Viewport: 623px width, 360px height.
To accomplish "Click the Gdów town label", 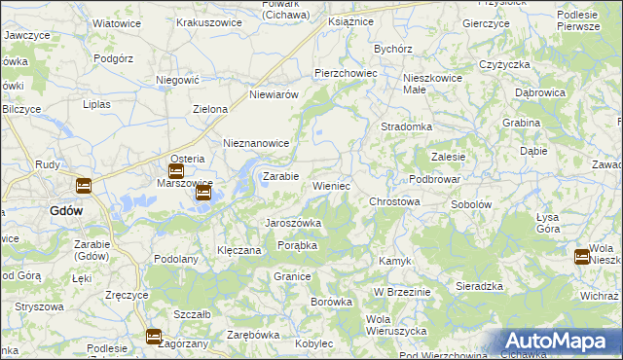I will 66,209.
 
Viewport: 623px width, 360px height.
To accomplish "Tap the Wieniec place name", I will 331,185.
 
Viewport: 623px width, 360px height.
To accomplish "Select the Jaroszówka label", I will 293,223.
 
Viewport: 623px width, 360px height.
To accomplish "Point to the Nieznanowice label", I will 257,143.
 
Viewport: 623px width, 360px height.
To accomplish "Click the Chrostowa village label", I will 394,201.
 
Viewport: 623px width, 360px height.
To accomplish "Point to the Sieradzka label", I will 479,286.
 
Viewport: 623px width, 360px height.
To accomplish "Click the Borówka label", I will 331,302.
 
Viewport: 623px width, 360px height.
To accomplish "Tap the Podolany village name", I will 176,259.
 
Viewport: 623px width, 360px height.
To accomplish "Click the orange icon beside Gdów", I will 84,186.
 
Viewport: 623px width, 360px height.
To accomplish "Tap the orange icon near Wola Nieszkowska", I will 582,257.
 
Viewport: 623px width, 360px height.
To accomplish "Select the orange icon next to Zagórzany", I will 154,337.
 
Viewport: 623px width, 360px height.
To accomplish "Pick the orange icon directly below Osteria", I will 176,171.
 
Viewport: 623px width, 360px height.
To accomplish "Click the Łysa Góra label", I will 548,223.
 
